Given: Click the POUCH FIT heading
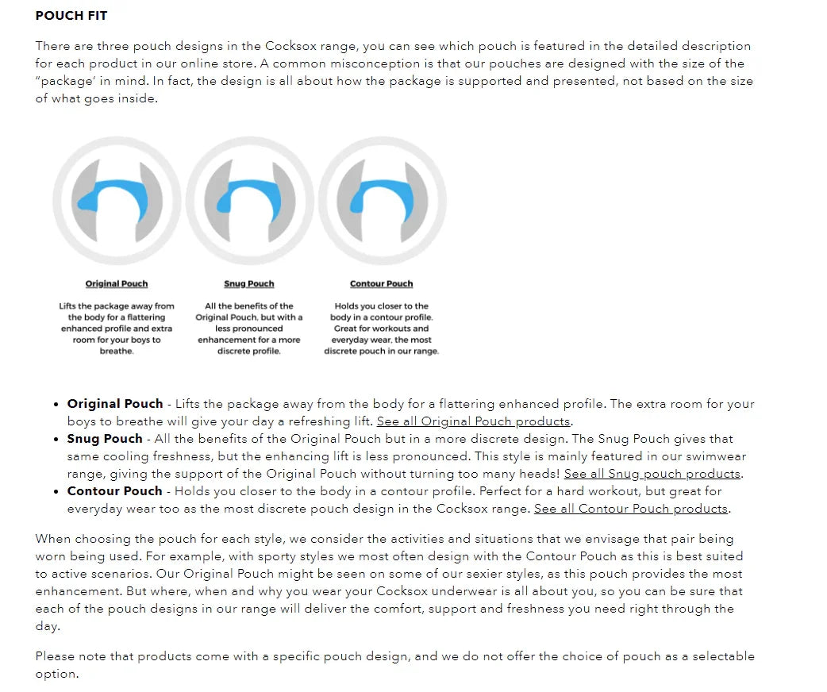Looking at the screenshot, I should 71,15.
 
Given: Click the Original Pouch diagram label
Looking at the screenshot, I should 117,283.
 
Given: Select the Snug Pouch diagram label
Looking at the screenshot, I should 249,283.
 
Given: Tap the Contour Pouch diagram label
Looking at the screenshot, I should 382,283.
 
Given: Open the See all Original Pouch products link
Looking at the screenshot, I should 474,421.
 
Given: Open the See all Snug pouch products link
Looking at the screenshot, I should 652,474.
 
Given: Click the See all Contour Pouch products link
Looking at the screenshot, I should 632,509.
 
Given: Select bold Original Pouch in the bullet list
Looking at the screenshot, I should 115,404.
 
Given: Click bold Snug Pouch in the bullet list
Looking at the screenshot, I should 105,439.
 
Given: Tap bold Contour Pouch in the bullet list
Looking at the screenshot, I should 115,491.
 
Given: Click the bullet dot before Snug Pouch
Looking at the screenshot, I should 56,440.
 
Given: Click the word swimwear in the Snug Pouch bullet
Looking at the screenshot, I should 716,456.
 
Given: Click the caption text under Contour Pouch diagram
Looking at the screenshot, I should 382,328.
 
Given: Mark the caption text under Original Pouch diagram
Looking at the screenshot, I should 117,328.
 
